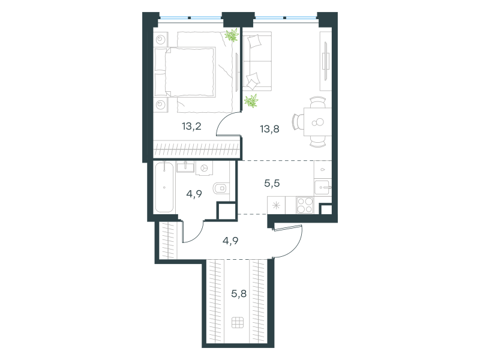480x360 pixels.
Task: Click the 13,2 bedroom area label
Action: click(191, 126)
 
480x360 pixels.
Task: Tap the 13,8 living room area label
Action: click(269, 129)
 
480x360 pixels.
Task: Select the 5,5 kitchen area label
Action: click(272, 183)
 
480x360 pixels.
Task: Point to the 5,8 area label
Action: click(239, 293)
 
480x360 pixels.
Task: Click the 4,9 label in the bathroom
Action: click(194, 193)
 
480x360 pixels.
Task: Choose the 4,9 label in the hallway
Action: click(230, 241)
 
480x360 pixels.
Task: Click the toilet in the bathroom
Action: click(221, 188)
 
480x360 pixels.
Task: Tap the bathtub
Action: click(164, 187)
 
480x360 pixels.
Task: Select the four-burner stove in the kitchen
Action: click(305, 205)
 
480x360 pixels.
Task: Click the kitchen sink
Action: click(323, 187)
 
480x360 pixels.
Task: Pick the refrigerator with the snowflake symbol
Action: click(276, 205)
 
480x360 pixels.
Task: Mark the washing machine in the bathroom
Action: click(204, 169)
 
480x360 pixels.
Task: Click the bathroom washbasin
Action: click(185, 167)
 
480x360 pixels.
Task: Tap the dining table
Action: click(318, 122)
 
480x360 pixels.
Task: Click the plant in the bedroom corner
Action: click(232, 35)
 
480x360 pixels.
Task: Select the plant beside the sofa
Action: click(251, 101)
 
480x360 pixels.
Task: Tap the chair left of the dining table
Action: click(298, 122)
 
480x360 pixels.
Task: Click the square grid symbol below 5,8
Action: click(238, 322)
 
